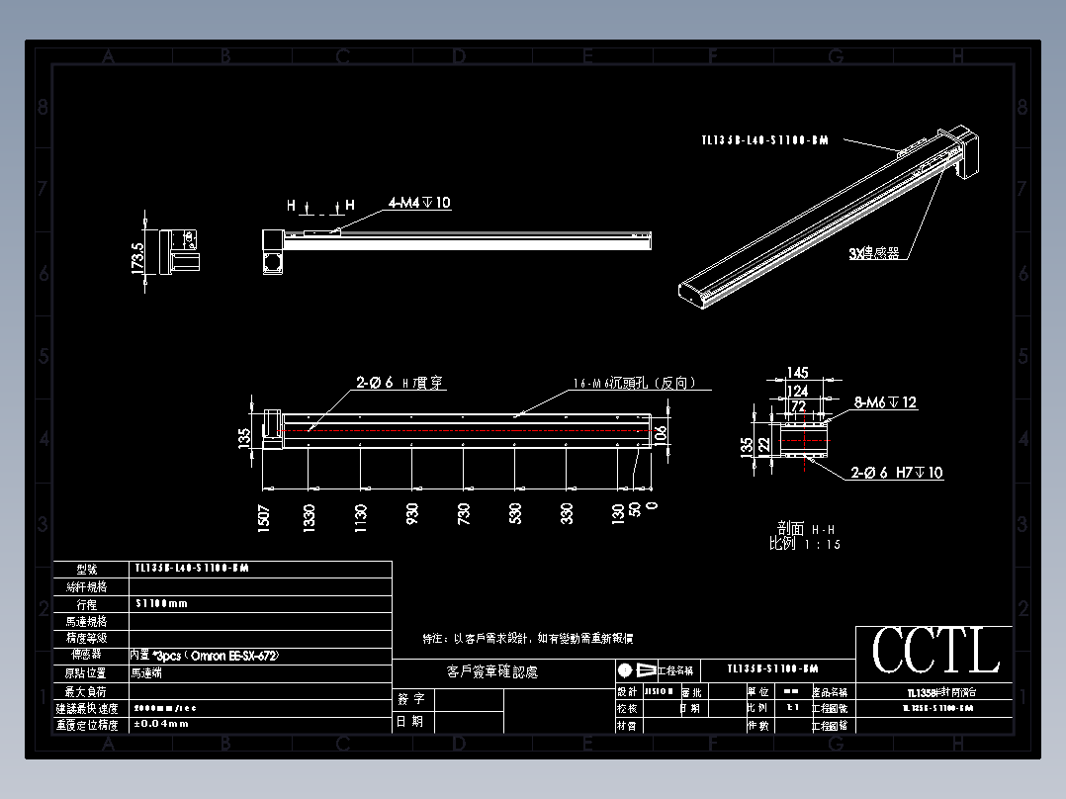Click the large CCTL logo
point(934,651)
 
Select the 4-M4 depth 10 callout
point(419,203)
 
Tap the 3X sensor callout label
point(874,253)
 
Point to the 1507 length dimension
point(264,517)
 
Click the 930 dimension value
point(412,513)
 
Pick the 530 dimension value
point(515,513)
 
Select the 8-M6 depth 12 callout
point(886,402)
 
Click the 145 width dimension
point(798,373)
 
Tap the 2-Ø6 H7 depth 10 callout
point(897,473)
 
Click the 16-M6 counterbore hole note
point(634,383)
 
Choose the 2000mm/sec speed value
point(166,708)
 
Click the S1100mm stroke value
point(160,603)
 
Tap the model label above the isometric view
point(763,140)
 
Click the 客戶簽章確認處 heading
point(492,672)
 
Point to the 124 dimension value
point(798,391)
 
